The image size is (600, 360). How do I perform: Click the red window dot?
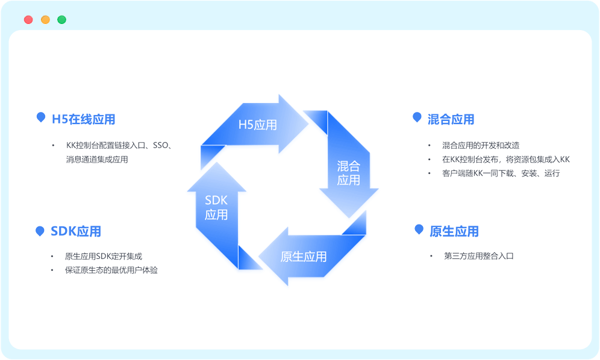coord(28,19)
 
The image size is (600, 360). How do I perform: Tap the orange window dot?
coord(45,19)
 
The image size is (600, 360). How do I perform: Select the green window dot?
coord(61,19)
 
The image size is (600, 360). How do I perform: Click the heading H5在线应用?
coord(83,119)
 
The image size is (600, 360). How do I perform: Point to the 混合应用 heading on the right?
coord(451,119)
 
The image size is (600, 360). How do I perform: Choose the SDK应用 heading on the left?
coord(76,231)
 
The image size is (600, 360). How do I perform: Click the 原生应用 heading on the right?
coord(454,231)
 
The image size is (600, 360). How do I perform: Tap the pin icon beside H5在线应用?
coord(40,117)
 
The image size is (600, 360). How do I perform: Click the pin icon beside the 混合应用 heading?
coord(417,117)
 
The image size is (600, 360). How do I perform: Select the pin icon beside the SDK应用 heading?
coord(40,231)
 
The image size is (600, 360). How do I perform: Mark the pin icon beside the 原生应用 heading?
coord(419,229)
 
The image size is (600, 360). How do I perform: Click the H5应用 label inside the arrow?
coord(257,125)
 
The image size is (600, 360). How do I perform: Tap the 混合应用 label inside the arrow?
coord(348,173)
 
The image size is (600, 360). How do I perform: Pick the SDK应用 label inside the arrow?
coord(216,207)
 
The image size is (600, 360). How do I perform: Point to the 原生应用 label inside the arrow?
coord(304,256)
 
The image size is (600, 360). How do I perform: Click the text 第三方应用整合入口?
coord(479,256)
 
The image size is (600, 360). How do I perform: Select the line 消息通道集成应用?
coord(97,160)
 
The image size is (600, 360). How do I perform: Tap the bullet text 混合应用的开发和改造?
coord(481,145)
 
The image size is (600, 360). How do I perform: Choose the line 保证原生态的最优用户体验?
coord(111,270)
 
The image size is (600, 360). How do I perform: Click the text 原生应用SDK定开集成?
coord(104,256)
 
